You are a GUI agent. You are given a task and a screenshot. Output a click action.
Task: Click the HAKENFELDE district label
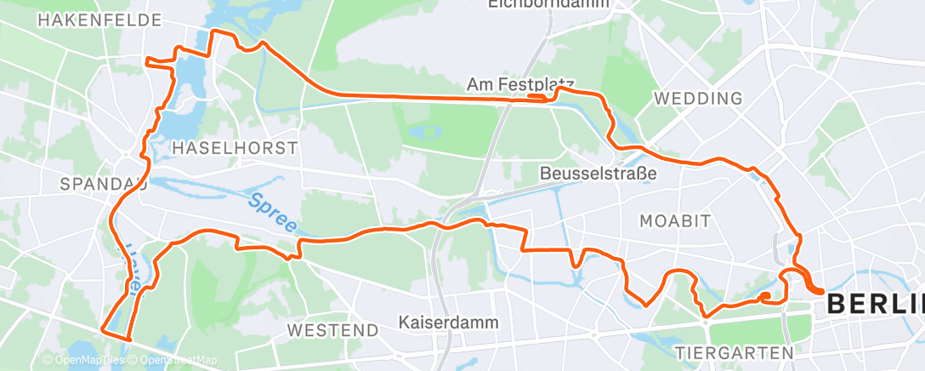tap(99, 19)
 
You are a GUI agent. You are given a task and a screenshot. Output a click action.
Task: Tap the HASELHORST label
tap(235, 148)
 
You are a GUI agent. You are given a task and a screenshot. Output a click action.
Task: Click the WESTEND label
tap(332, 329)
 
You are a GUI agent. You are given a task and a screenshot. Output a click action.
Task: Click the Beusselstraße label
tap(599, 174)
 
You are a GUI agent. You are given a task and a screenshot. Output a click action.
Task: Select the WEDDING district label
tap(698, 99)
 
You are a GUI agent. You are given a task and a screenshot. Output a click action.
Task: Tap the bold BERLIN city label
tap(875, 304)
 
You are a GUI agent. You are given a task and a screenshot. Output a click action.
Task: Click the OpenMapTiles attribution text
tap(83, 359)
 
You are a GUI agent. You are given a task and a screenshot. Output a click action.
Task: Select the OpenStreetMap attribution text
tap(174, 359)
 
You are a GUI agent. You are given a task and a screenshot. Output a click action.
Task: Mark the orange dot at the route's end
tap(765, 296)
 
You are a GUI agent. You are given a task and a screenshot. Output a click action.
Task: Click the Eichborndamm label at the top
tap(538, 4)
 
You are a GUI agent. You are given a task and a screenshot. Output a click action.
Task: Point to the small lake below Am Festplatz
tap(425, 132)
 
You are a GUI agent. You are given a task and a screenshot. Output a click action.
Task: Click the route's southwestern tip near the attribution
tap(104, 328)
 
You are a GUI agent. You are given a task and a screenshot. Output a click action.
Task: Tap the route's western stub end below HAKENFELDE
tap(148, 60)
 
